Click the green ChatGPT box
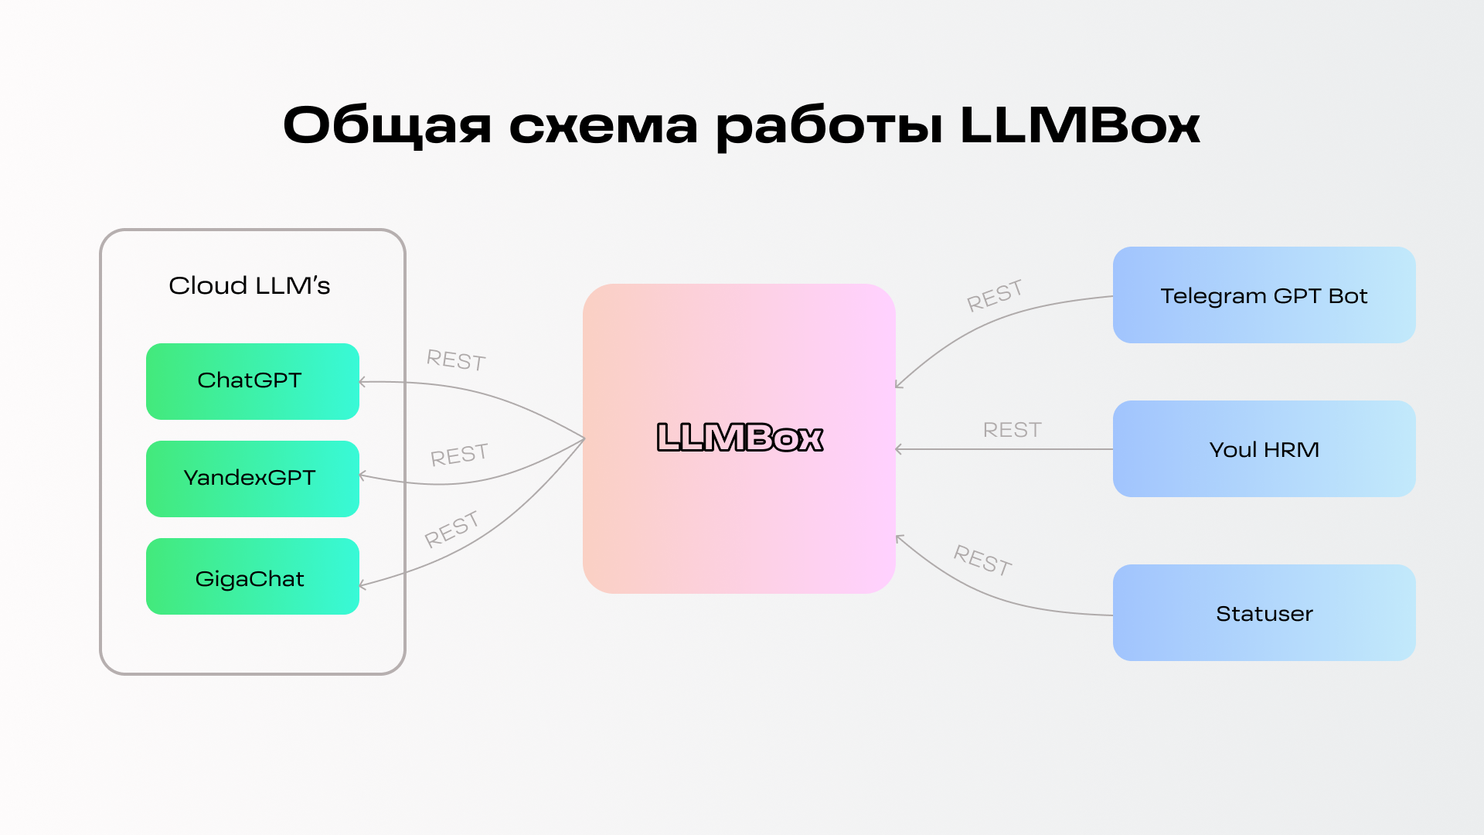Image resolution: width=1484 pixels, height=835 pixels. pos(252,381)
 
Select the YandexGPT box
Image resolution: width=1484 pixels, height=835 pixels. pos(252,479)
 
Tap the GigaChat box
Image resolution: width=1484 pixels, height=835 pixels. pos(252,577)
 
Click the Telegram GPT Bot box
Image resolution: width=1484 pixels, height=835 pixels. pos(1264,295)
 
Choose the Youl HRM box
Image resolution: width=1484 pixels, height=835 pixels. pos(1264,449)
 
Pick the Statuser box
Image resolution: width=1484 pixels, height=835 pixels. pos(1264,613)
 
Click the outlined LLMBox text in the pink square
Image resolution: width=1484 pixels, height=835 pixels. pos(740,438)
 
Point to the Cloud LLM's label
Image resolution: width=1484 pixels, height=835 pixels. pos(249,285)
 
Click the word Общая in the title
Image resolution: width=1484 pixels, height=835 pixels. pos(386,125)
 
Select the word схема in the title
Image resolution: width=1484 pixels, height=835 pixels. pos(603,125)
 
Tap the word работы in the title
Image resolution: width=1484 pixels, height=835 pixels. pos(829,125)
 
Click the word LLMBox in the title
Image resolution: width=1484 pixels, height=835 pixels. pos(1079,125)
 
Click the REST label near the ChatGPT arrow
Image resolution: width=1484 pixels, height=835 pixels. pos(456,360)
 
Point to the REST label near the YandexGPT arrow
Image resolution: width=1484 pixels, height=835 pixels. pos(459,455)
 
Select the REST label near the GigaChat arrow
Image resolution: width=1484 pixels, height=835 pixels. pos(451,529)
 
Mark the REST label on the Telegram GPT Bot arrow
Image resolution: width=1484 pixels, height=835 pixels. pos(995,295)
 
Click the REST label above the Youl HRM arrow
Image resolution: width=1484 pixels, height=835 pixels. pos(1012,430)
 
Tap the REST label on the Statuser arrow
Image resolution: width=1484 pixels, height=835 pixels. pos(982,560)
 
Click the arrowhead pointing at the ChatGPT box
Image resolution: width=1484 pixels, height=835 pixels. pos(362,382)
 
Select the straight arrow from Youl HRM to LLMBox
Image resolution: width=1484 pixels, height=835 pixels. pos(1005,449)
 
